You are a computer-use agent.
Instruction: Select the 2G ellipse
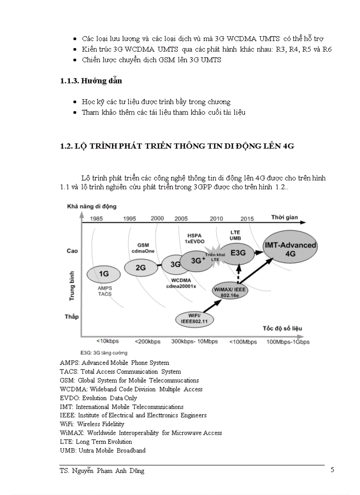pos(140,267)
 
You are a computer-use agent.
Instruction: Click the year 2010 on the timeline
pos(216,219)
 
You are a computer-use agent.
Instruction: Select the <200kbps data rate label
pos(148,342)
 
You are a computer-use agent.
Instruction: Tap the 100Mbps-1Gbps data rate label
pos(288,342)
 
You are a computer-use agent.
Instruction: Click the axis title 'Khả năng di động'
pos(92,206)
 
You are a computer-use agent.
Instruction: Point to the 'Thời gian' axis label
pos(284,217)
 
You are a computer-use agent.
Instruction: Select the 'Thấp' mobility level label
pos(72,316)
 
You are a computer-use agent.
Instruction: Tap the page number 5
pos(332,470)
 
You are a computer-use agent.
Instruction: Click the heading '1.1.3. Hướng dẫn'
pos(91,81)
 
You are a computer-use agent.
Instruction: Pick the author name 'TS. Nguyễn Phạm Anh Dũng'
pos(102,471)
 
